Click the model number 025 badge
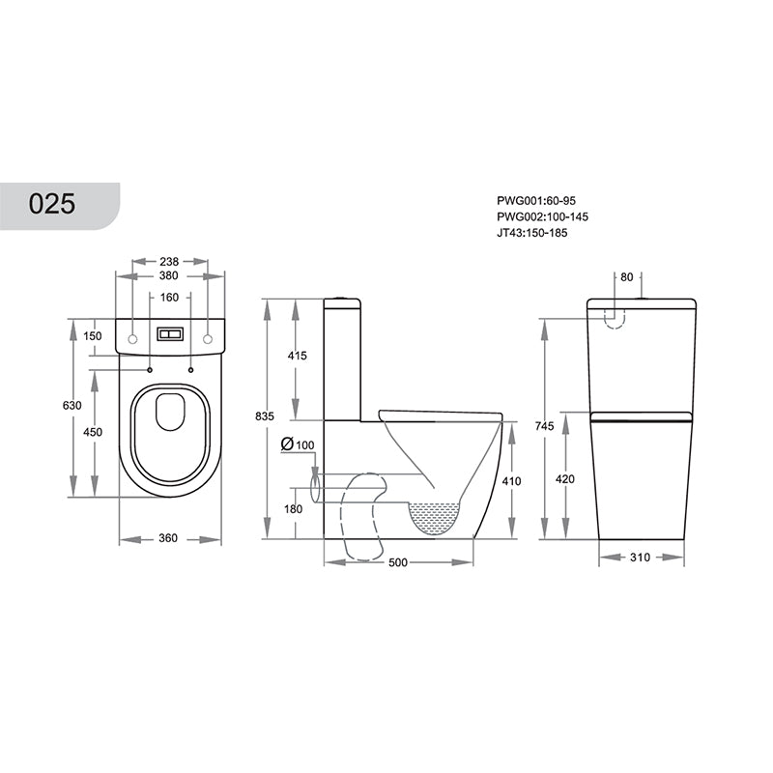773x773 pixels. (x=52, y=204)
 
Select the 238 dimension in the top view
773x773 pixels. (x=170, y=261)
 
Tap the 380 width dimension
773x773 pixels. (x=170, y=276)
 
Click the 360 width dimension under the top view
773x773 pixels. (x=168, y=538)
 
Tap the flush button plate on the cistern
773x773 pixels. (x=170, y=335)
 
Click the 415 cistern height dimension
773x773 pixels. (x=297, y=356)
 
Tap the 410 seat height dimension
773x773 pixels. (x=511, y=479)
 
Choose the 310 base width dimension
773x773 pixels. (x=641, y=557)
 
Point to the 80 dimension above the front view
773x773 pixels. (x=626, y=277)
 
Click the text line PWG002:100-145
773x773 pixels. (x=542, y=217)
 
